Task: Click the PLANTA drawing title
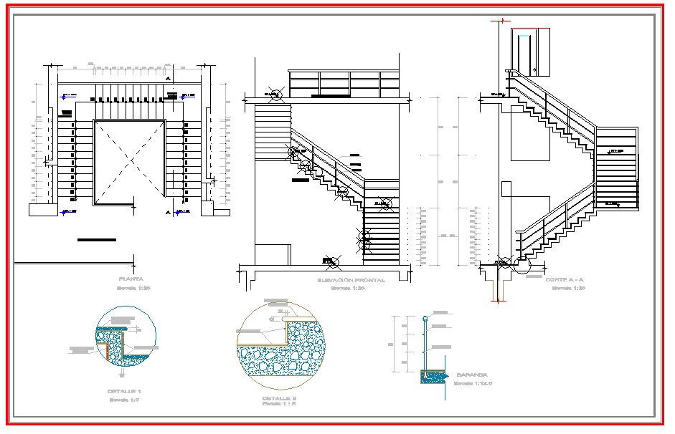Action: click(132, 279)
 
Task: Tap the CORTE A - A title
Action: click(565, 279)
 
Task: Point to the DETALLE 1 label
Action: click(124, 391)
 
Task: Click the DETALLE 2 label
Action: click(279, 397)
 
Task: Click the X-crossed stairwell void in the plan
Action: click(130, 163)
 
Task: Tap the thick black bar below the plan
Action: click(96, 240)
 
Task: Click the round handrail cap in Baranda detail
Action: click(425, 317)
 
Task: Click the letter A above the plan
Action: click(168, 78)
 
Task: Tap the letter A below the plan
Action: click(167, 213)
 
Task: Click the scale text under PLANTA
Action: click(133, 288)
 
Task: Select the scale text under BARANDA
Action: click(472, 383)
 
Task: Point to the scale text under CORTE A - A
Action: click(565, 288)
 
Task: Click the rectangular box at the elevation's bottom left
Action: click(273, 254)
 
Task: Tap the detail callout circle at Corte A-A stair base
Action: click(521, 265)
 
